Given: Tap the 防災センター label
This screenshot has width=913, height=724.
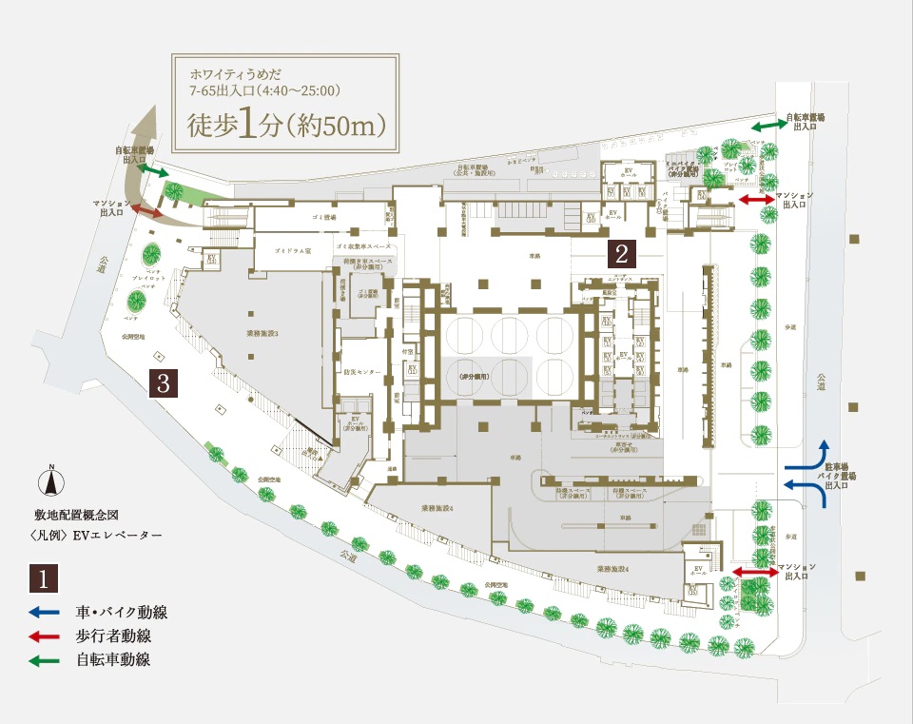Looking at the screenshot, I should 362,371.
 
